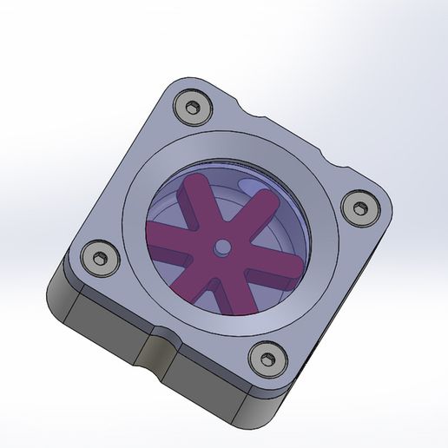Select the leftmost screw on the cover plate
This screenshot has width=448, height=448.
(x=97, y=258)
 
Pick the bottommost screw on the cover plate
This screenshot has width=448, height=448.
(x=265, y=356)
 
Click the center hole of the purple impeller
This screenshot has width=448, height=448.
(x=223, y=247)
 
